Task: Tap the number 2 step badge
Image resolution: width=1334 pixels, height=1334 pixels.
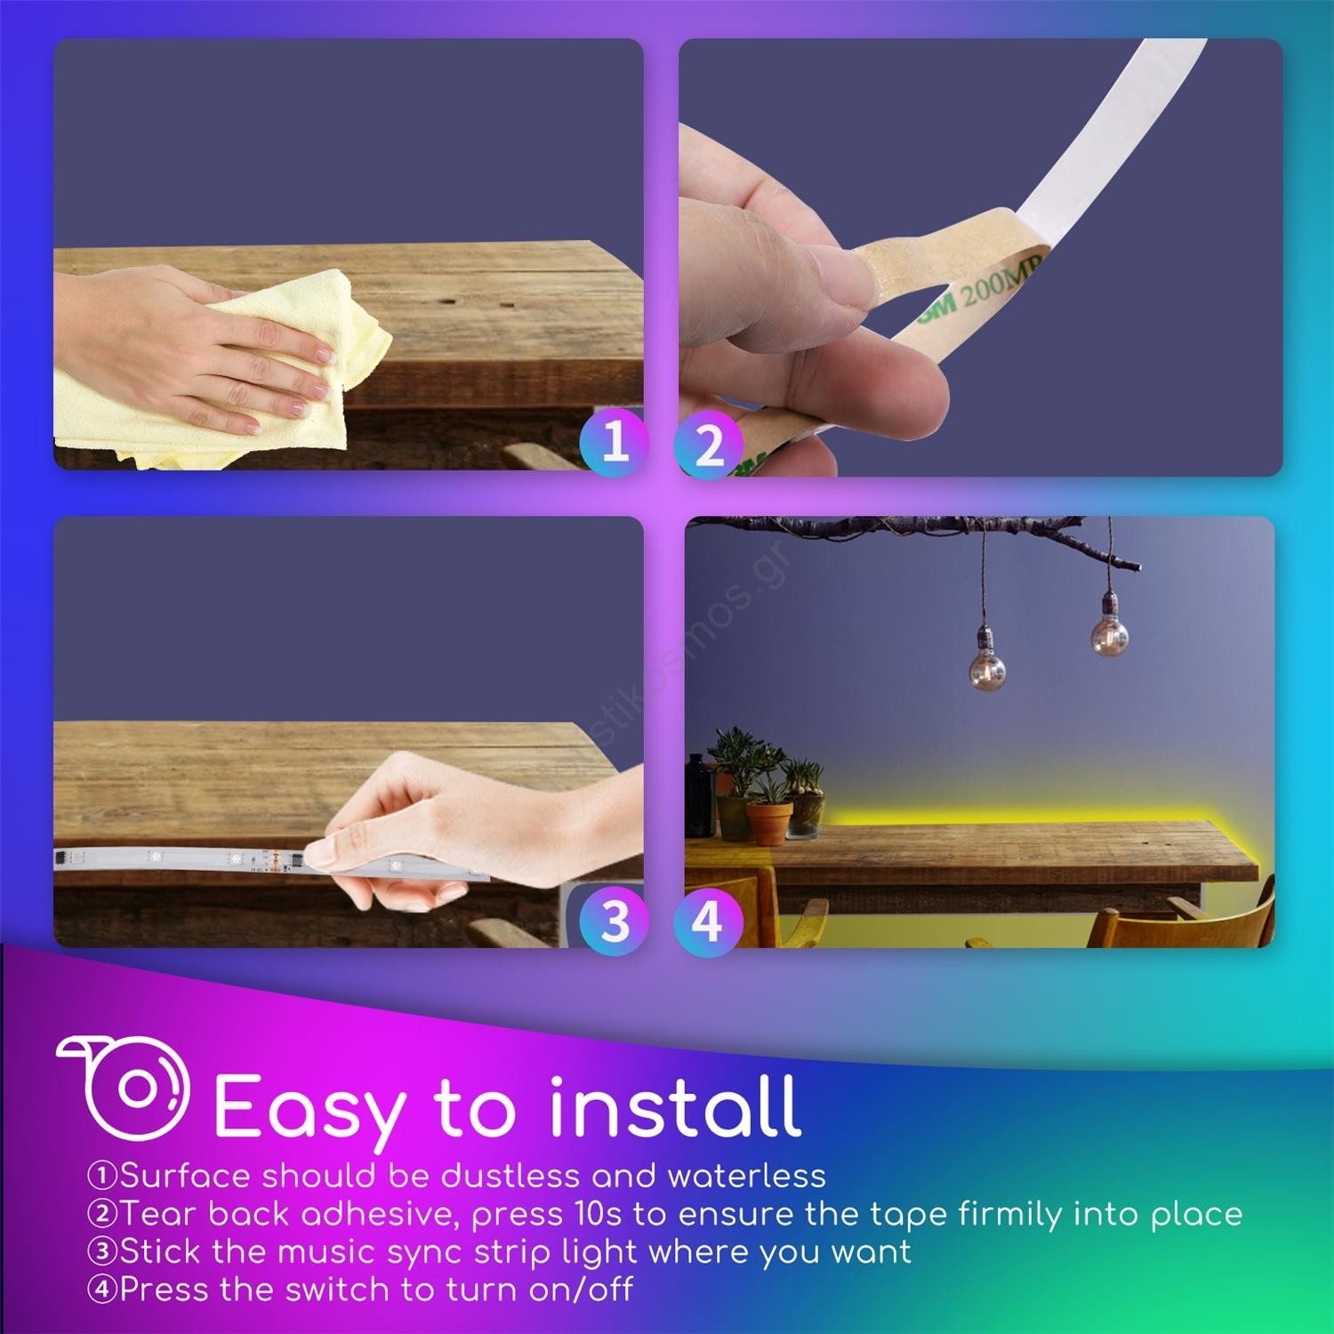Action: pyautogui.click(x=709, y=445)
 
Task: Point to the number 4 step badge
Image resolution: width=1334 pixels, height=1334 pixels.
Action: pyautogui.click(x=709, y=920)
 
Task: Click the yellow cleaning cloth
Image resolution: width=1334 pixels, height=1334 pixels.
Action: pyautogui.click(x=222, y=374)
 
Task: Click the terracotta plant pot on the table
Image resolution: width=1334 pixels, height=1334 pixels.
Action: pyautogui.click(x=769, y=823)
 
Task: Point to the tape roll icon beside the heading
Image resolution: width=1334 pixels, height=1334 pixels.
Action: pyautogui.click(x=125, y=1087)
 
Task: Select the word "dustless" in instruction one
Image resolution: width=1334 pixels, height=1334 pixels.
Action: pyautogui.click(x=510, y=1176)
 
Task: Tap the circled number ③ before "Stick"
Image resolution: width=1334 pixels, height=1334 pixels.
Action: pyautogui.click(x=102, y=1251)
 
